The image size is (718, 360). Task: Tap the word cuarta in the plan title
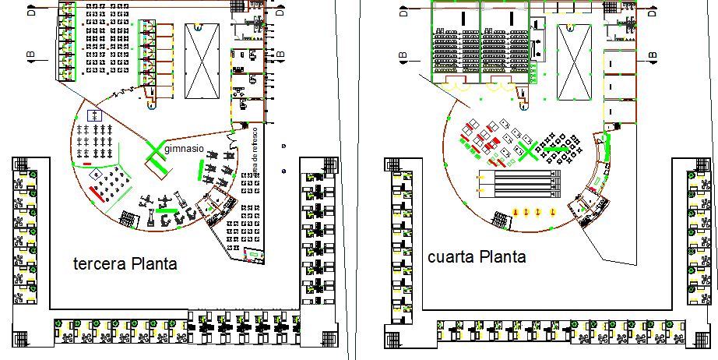(x=450, y=257)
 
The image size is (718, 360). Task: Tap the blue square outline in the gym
(x=97, y=115)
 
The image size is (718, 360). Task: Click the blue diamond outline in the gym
(x=95, y=174)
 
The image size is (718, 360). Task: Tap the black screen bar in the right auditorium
(x=508, y=18)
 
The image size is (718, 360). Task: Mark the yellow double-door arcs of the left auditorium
(x=456, y=88)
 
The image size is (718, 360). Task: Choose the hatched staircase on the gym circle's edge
(x=211, y=206)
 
